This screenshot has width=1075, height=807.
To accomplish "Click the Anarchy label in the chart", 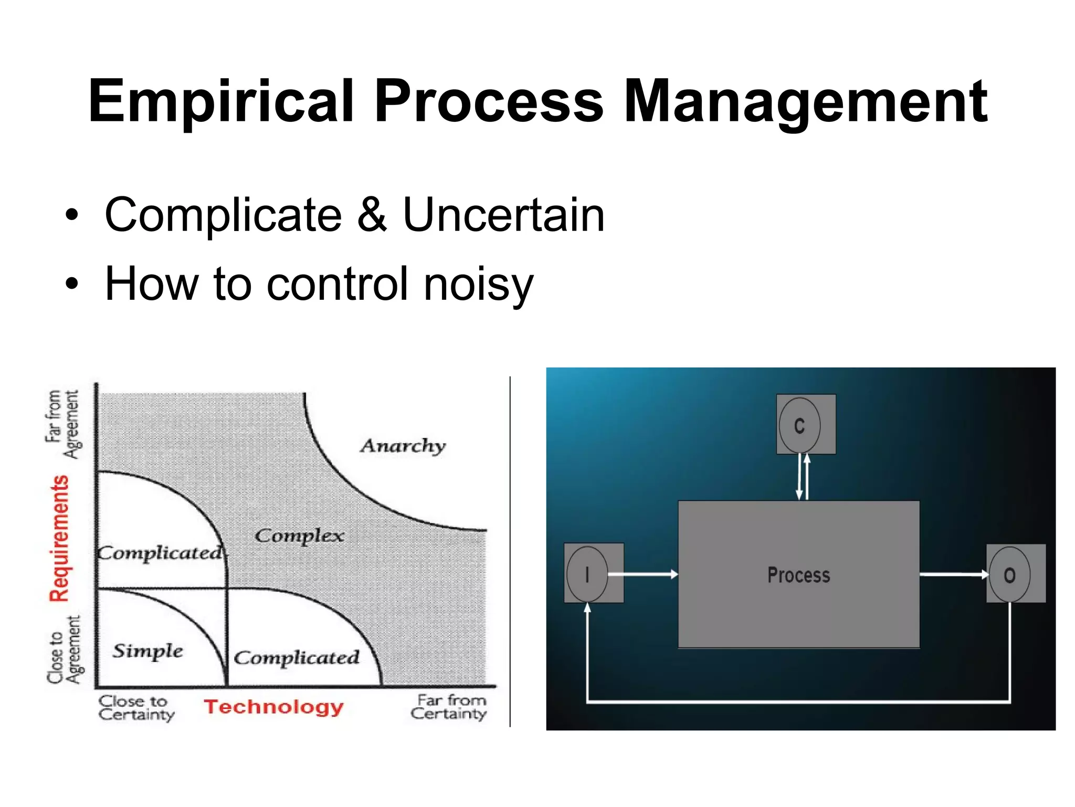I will click(403, 446).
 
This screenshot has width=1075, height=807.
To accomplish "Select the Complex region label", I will click(299, 536).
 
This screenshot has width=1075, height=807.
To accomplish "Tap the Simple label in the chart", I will click(147, 651).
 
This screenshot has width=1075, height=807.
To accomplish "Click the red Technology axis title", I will click(273, 707).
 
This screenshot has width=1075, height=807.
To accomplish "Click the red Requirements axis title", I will click(59, 538).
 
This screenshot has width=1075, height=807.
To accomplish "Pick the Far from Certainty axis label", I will click(449, 707).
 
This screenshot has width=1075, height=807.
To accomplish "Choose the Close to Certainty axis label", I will click(135, 707).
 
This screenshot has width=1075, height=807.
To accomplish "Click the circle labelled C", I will click(799, 425).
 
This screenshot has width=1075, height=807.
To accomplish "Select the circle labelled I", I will click(587, 574).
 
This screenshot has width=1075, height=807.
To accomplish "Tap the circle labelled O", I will click(1009, 574).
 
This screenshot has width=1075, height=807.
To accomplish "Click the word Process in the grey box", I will click(798, 575).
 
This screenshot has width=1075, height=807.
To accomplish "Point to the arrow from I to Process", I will click(643, 574).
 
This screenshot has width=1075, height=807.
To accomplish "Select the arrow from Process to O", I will click(953, 575).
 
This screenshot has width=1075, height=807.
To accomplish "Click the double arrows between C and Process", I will click(803, 477).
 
